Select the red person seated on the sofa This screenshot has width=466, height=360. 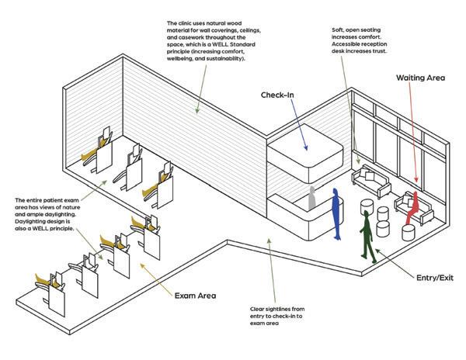413,204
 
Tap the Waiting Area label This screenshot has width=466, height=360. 420,79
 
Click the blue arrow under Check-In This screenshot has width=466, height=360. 299,127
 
